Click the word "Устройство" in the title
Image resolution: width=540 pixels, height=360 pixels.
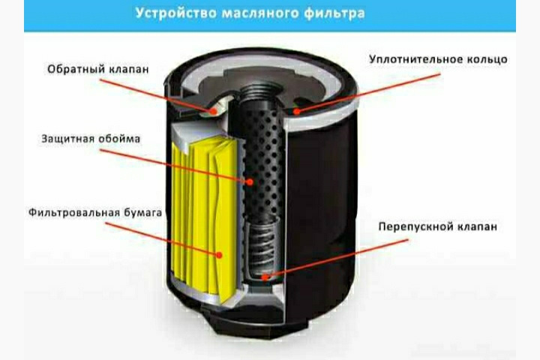point(175,13)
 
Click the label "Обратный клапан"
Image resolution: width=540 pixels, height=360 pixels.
point(98,69)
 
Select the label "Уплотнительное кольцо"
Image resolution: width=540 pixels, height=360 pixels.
point(438,59)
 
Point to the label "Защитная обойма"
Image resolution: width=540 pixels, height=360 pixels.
point(91,139)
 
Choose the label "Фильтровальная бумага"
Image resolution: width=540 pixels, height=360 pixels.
point(95,212)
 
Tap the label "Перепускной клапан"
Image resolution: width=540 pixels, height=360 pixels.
point(438,226)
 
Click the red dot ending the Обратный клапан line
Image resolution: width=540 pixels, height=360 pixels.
point(214,111)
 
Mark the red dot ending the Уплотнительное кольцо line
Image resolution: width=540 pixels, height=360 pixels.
point(296,111)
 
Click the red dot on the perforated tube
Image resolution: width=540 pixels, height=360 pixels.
point(250,182)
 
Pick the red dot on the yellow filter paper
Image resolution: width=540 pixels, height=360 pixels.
point(219,255)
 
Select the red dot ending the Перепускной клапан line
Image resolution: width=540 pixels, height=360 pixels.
point(265,276)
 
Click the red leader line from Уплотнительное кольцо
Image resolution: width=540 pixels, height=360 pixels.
point(368,92)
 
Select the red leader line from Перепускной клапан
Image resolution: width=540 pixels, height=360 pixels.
point(337,258)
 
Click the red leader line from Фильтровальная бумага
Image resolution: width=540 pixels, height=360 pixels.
point(162,238)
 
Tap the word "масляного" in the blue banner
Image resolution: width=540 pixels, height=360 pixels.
point(260,13)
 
